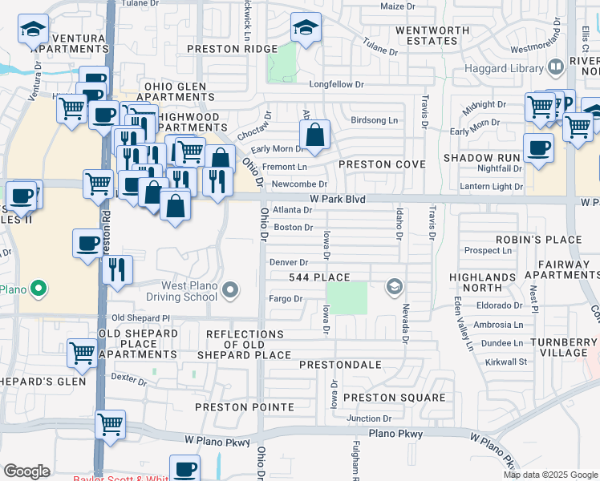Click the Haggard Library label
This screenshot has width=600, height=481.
504,68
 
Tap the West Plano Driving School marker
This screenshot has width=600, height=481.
231,289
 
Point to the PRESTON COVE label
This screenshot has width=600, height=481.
381,164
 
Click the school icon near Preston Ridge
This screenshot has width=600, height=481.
306,29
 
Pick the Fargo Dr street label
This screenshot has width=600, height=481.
286,299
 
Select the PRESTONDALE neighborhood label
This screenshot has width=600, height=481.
340,365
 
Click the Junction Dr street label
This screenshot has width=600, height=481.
369,418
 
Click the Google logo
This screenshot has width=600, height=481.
26,471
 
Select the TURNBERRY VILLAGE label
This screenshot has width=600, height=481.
564,347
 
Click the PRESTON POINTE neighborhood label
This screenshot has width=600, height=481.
244,407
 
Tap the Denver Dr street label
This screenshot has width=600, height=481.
289,262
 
